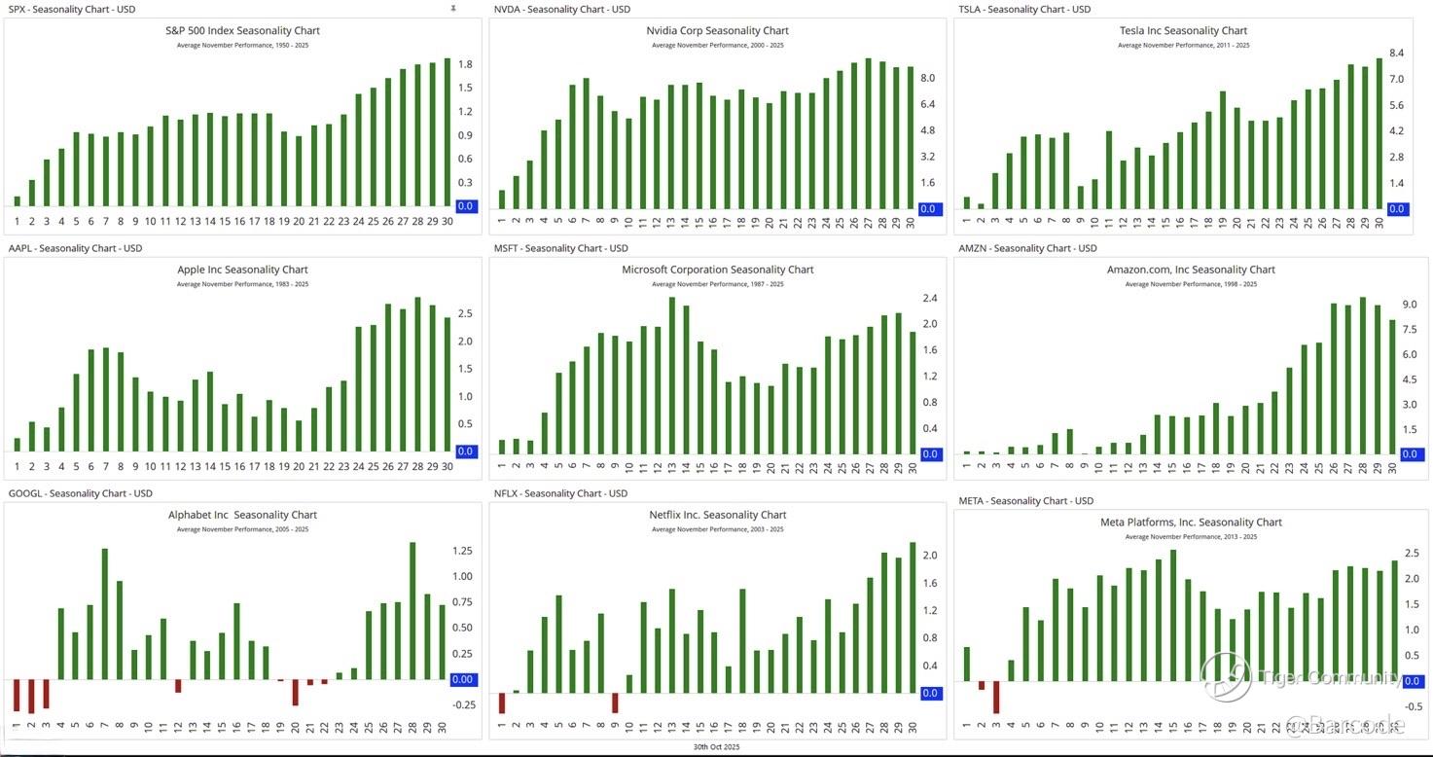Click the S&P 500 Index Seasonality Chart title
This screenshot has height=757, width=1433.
[242, 30]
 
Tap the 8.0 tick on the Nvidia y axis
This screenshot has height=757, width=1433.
[928, 78]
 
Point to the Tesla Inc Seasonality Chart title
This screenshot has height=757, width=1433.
[1183, 30]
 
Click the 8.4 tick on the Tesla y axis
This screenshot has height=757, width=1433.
[1396, 53]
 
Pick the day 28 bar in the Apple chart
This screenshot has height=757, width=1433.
[417, 375]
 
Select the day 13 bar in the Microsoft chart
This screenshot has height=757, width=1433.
[671, 376]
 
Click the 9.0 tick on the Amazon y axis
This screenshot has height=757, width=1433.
[1409, 305]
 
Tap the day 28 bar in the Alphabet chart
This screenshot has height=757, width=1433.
[412, 611]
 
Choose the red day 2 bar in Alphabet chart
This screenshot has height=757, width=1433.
[31, 697]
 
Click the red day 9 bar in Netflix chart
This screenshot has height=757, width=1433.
[615, 703]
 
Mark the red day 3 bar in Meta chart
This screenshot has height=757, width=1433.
[996, 698]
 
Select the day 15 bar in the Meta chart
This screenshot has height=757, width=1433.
[1173, 616]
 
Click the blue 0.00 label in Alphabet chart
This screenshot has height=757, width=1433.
[463, 680]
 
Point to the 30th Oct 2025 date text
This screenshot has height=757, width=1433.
[717, 747]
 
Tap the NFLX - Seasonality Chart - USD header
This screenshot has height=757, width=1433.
[560, 493]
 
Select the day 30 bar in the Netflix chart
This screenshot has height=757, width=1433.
[913, 618]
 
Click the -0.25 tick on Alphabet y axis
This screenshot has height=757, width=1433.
[463, 705]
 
